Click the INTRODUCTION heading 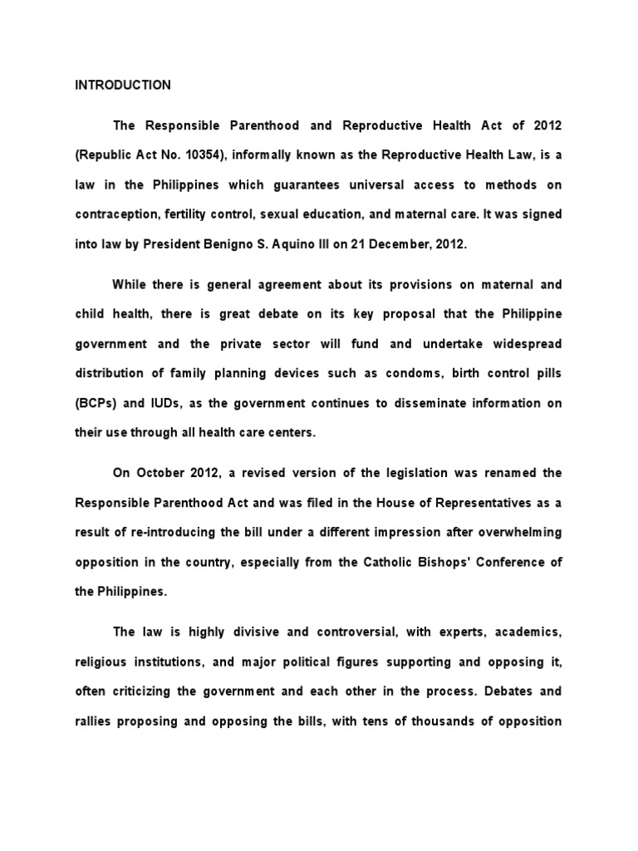123,85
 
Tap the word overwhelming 519,532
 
